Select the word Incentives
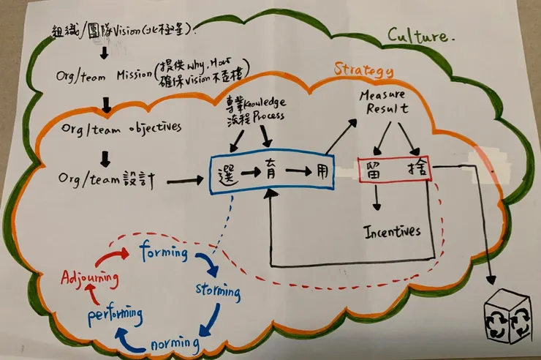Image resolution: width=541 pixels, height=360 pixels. click(393, 231)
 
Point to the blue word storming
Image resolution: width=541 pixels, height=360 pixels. click(217, 290)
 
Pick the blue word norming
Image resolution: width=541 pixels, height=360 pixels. click(175, 342)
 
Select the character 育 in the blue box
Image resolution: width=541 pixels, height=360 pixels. click(271, 173)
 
